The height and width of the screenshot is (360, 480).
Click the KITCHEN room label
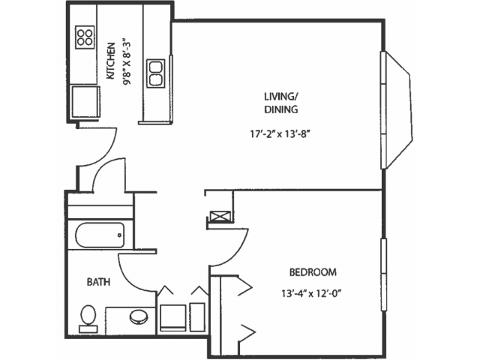(111, 61)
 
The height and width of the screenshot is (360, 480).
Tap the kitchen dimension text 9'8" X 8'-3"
(127, 61)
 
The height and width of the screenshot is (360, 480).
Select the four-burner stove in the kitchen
(85, 37)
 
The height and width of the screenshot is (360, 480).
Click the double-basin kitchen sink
(156, 73)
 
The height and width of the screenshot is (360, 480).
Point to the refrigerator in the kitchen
(85, 102)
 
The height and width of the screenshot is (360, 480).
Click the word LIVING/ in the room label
(280, 97)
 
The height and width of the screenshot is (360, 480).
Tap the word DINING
(281, 109)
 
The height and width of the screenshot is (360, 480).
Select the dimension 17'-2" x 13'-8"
(280, 134)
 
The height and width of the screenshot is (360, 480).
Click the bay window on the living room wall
(397, 110)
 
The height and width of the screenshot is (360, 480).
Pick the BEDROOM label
(313, 272)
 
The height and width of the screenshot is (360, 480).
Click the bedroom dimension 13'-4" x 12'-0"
(311, 293)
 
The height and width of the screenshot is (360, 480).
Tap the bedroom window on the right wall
(383, 274)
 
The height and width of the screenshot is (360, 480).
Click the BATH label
(98, 282)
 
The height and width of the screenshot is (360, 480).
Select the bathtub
(100, 235)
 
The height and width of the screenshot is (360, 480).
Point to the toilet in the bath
(88, 319)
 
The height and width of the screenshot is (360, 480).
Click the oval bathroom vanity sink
(139, 316)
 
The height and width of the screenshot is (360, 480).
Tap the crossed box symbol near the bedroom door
(220, 217)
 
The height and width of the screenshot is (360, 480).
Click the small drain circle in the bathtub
(120, 235)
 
